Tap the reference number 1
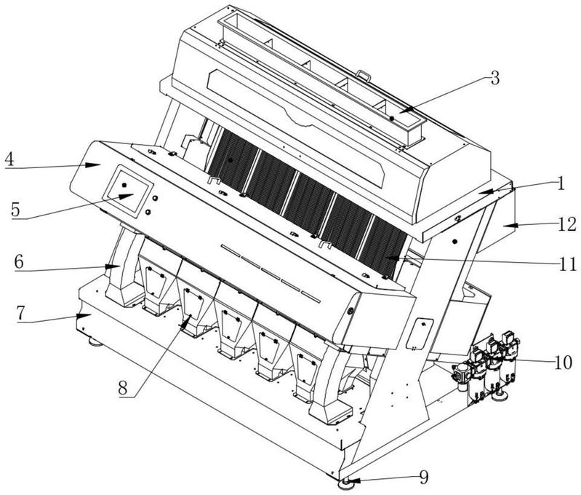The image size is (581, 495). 559,183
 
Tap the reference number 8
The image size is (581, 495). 125,387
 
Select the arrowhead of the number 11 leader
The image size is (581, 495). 387,256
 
